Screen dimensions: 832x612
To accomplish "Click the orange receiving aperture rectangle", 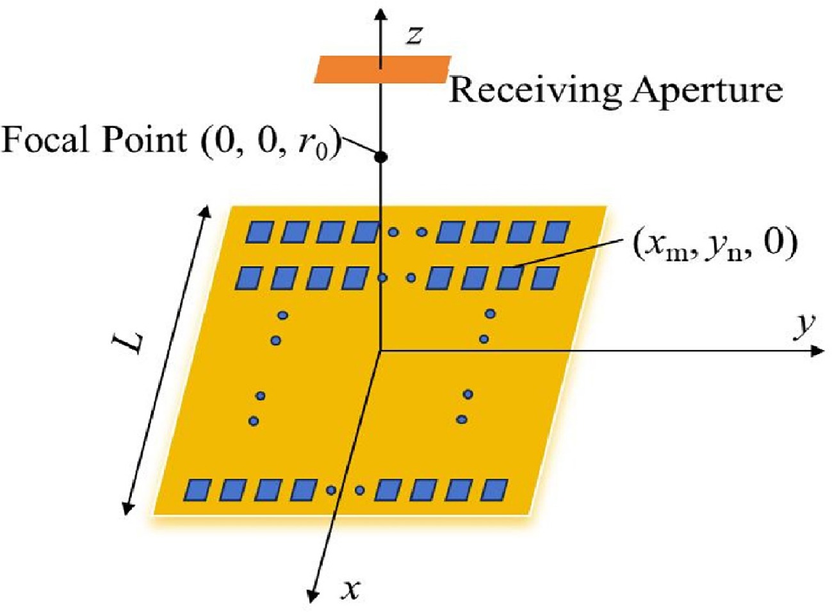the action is pos(382,69).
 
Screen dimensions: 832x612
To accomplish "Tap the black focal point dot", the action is pos(380,157).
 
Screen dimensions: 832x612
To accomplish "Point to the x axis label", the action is pos(351,589).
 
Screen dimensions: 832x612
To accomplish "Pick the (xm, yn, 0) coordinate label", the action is pos(714,248).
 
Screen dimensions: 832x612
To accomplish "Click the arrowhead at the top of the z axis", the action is pos(380,13).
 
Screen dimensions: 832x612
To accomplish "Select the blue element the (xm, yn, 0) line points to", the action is pos(510,278).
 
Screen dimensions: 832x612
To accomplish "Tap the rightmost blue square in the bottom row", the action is pos(494,490).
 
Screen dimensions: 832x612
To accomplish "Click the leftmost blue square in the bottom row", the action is pos(198,490).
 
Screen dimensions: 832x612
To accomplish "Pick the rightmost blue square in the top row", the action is pos(556,232).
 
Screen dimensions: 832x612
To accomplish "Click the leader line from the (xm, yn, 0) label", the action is pos(569,254).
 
